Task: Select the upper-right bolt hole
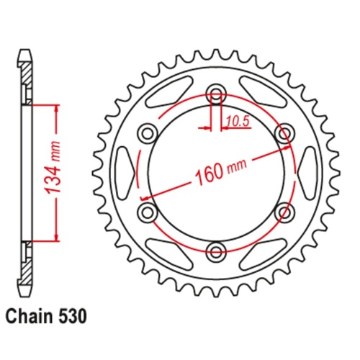[x=285, y=132]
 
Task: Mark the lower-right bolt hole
[x=285, y=212]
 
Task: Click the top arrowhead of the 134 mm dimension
[x=55, y=108]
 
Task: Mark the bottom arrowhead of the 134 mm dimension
[x=55, y=236]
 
